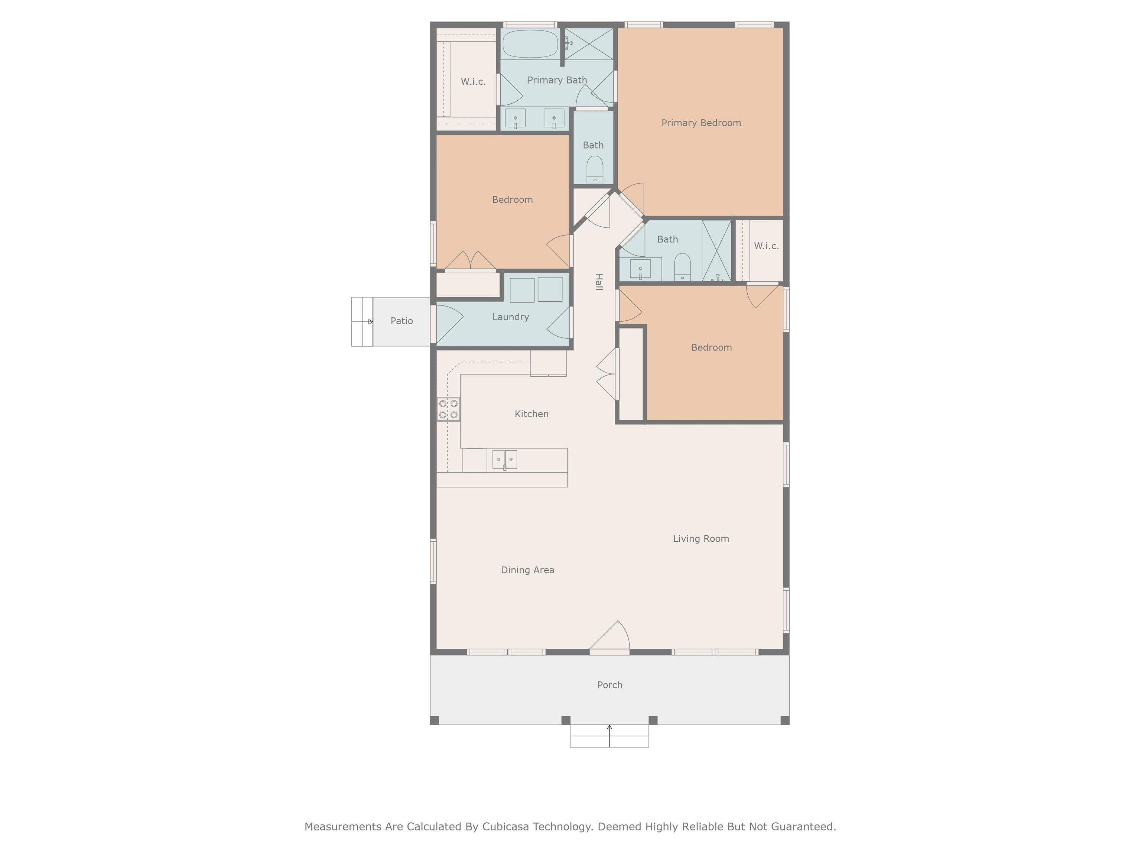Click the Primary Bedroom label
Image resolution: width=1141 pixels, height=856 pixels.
tap(701, 123)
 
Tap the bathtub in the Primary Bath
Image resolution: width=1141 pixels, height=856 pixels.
tap(530, 44)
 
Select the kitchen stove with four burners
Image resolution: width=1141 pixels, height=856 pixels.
tap(448, 409)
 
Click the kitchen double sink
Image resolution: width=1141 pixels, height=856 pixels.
tap(504, 459)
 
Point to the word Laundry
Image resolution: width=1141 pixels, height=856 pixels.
tap(511, 317)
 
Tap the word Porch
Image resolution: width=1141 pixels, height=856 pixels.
tap(610, 685)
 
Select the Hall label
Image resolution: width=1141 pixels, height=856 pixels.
tap(599, 282)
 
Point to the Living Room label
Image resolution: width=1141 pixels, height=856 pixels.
tap(701, 539)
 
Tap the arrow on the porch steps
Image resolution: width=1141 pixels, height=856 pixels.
tap(609, 736)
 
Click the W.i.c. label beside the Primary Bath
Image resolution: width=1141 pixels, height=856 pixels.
tap(473, 81)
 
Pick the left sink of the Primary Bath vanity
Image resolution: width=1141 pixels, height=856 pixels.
tap(515, 118)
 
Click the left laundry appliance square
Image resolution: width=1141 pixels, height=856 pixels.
tap(522, 290)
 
